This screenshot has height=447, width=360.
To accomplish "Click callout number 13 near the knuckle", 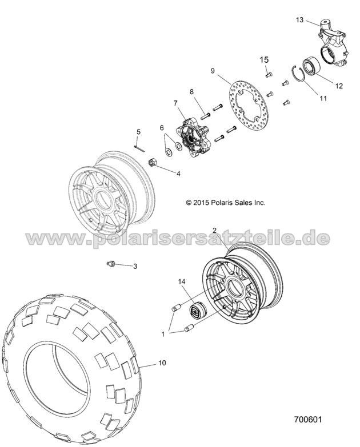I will point(299,19).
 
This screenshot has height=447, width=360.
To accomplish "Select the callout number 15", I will point(265,59).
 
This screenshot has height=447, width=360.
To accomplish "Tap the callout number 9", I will point(213,71).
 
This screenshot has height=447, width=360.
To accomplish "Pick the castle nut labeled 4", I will point(154,163).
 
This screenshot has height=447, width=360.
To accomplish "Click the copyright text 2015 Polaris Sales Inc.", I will point(226,202).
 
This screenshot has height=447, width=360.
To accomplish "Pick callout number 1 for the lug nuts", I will point(165,332).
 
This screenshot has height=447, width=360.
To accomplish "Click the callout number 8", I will point(191,92).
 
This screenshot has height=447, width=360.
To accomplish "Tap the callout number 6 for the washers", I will point(162,127).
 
